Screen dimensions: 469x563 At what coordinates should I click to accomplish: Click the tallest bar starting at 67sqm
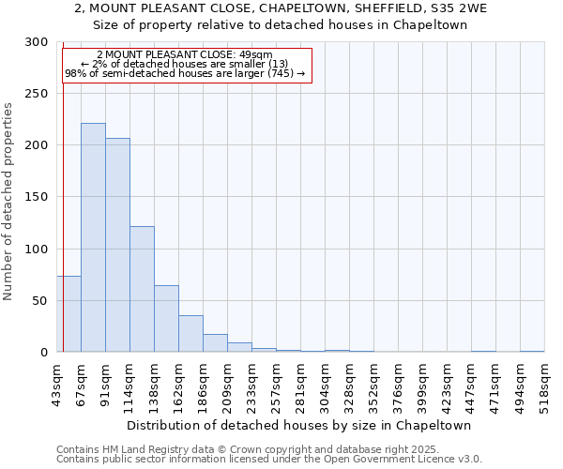(x=93, y=237)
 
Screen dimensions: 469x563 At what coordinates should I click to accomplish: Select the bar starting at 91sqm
(x=117, y=245)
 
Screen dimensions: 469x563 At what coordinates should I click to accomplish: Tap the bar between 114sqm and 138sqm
(x=142, y=289)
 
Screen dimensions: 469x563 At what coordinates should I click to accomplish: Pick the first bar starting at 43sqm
(x=68, y=314)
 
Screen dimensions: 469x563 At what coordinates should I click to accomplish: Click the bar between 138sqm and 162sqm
(x=166, y=319)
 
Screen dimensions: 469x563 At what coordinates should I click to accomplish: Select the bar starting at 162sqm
(x=190, y=334)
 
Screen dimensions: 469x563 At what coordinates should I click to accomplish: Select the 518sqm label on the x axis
(x=544, y=385)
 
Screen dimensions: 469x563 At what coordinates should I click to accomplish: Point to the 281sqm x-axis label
(x=300, y=385)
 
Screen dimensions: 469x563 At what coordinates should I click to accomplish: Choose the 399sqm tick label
(x=422, y=385)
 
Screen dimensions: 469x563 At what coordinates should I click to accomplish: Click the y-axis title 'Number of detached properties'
(x=8, y=202)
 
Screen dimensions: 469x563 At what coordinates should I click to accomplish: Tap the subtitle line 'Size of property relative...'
(x=281, y=24)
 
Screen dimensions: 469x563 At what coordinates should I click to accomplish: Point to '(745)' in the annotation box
(x=278, y=73)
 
